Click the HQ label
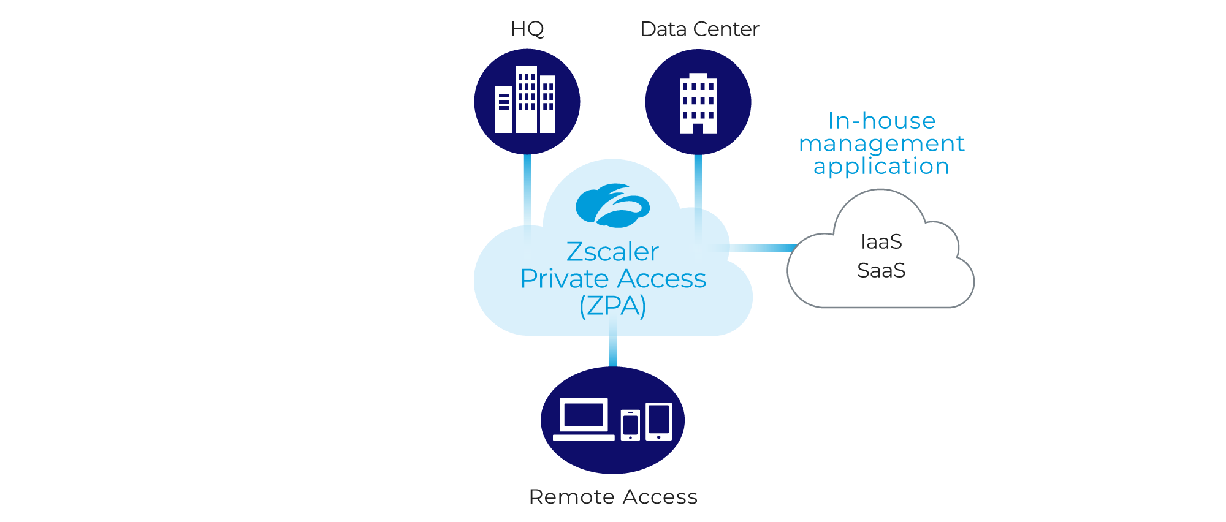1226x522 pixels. click(527, 29)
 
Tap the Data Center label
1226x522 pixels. click(699, 29)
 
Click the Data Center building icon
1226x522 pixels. click(698, 102)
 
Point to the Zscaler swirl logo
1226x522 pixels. click(612, 205)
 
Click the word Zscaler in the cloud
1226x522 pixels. click(612, 252)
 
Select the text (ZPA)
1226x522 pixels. click(612, 306)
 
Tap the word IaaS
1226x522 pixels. click(881, 242)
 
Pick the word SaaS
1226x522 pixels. click(881, 270)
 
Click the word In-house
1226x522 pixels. click(881, 121)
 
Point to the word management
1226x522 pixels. click(881, 143)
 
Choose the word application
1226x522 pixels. click(881, 166)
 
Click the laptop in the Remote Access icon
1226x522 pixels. click(584, 419)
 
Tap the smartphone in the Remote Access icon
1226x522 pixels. click(630, 425)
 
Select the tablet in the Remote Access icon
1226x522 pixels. click(659, 421)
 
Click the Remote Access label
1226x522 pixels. click(613, 496)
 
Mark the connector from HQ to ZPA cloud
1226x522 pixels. click(527, 190)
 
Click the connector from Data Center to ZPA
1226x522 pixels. click(698, 184)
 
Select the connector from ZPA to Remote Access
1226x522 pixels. click(612, 350)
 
